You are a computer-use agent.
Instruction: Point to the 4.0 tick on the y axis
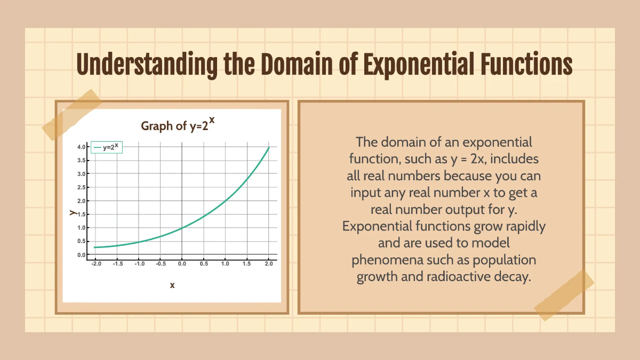point(82,147)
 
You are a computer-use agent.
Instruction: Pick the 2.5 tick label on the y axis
point(82,187)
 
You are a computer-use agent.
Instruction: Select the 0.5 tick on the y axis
point(82,241)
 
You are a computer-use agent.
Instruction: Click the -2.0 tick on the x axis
point(96,263)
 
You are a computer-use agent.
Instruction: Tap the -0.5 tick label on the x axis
point(161,263)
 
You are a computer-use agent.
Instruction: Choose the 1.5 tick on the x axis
point(247,263)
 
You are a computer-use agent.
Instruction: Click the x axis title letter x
point(172,285)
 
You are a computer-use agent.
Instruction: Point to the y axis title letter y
point(71,212)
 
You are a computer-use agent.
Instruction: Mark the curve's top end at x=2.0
point(269,147)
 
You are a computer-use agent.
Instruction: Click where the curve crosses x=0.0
point(182,228)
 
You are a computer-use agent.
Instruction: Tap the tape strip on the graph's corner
point(72,115)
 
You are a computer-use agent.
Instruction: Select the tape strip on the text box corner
point(564,295)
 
